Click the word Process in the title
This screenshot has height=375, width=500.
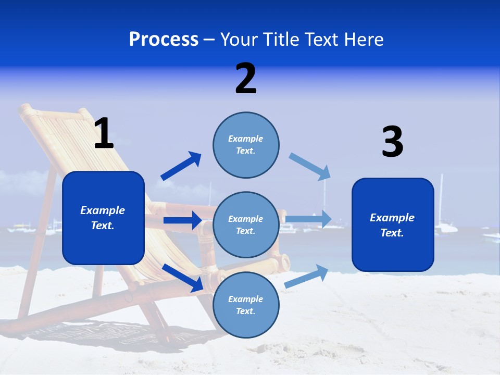pos(164,40)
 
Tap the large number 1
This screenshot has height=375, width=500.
pos(104,134)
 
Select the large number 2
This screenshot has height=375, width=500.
pos(246,79)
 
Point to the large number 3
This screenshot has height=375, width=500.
pos(392,142)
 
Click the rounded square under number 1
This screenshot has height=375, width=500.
pos(103,218)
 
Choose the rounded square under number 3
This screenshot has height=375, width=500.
pos(393,224)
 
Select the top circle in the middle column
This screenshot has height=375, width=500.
pos(246,144)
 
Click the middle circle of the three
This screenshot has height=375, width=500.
pos(246,224)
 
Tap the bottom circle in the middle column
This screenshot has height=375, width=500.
pos(246,305)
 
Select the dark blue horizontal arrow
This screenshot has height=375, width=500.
pos(182,220)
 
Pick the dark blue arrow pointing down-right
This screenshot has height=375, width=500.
pos(182,277)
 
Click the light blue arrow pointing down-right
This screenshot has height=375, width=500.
pos(310,166)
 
